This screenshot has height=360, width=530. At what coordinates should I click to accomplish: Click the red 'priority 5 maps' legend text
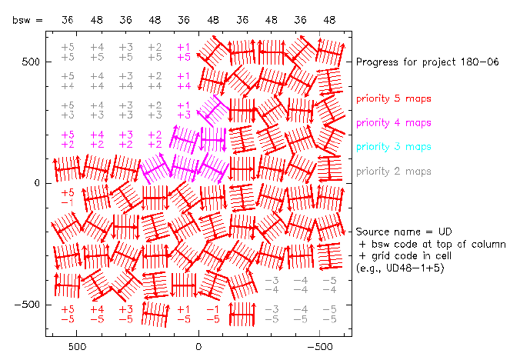[x=392, y=98]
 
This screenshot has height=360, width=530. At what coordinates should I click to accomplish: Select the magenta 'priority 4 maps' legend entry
[x=392, y=122]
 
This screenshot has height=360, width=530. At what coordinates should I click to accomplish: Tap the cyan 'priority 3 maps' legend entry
[x=392, y=146]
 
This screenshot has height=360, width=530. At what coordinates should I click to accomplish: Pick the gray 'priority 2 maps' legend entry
[x=392, y=171]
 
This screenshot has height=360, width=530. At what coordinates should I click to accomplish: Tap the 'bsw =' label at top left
[x=28, y=21]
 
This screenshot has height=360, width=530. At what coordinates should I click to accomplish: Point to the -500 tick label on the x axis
[x=321, y=347]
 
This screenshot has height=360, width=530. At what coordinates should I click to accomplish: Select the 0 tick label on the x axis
[x=199, y=347]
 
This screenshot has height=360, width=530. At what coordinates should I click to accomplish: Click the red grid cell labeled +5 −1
[x=68, y=197]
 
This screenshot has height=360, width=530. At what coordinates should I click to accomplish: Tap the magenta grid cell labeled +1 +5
[x=184, y=52]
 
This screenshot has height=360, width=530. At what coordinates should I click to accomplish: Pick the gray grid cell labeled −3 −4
[x=271, y=285]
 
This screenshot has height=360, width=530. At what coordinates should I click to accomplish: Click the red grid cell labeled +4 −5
[x=97, y=313]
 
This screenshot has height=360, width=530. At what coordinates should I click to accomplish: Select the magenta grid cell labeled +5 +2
[x=68, y=139]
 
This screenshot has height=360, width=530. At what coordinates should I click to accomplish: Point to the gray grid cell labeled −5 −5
[x=329, y=313]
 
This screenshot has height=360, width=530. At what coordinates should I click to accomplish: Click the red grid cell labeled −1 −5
[x=213, y=313]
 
